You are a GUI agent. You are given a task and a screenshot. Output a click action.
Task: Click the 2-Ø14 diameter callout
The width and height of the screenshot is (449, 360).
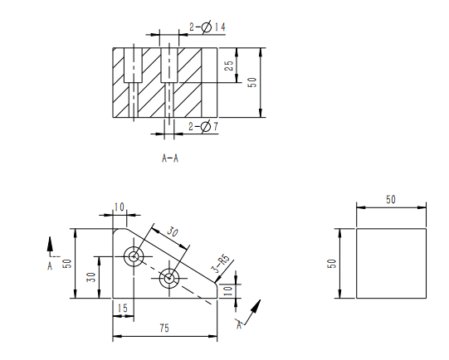pyautogui.click(x=207, y=28)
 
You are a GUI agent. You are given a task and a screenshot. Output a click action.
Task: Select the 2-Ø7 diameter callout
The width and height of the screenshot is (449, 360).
pyautogui.click(x=204, y=127)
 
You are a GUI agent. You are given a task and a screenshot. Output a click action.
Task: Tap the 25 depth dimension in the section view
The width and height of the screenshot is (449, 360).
pyautogui.click(x=230, y=65)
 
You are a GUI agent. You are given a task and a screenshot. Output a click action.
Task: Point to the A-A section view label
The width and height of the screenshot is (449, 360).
pyautogui.click(x=170, y=157)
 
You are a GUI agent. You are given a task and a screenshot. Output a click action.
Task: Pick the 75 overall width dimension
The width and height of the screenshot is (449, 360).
pyautogui.click(x=166, y=329)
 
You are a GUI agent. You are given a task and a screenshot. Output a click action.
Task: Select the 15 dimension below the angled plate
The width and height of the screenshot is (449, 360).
pyautogui.click(x=122, y=309)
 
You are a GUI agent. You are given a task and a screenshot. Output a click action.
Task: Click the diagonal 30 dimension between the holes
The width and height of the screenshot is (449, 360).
pyautogui.click(x=173, y=232)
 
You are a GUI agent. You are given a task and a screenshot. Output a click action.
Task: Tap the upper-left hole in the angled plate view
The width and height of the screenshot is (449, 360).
pyautogui.click(x=133, y=256)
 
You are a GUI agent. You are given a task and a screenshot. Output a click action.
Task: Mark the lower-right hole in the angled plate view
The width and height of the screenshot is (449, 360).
pyautogui.click(x=170, y=278)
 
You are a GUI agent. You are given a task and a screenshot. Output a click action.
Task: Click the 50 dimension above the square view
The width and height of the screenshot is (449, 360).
pyautogui.click(x=391, y=200)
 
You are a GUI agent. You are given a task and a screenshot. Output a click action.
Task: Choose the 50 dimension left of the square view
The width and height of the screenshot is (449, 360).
pyautogui.click(x=332, y=264)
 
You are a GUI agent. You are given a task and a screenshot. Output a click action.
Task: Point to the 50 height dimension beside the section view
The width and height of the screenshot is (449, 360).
pyautogui.click(x=253, y=83)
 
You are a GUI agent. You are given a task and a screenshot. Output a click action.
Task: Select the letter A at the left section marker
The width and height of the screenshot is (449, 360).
pyautogui.click(x=50, y=266)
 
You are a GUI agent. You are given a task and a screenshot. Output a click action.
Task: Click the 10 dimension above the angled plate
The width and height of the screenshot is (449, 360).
pyautogui.click(x=120, y=207)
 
